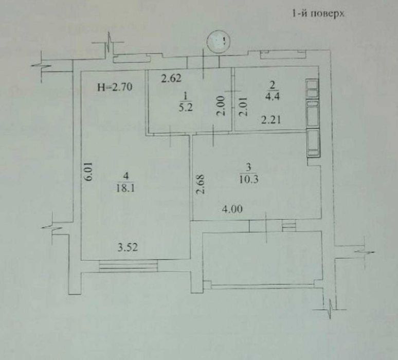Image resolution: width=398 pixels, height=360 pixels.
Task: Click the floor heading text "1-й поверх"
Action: [x=317, y=14]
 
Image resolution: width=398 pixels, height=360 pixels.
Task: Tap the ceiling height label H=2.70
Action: [x=116, y=87]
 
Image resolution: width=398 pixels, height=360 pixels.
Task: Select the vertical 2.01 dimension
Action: [x=239, y=109]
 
